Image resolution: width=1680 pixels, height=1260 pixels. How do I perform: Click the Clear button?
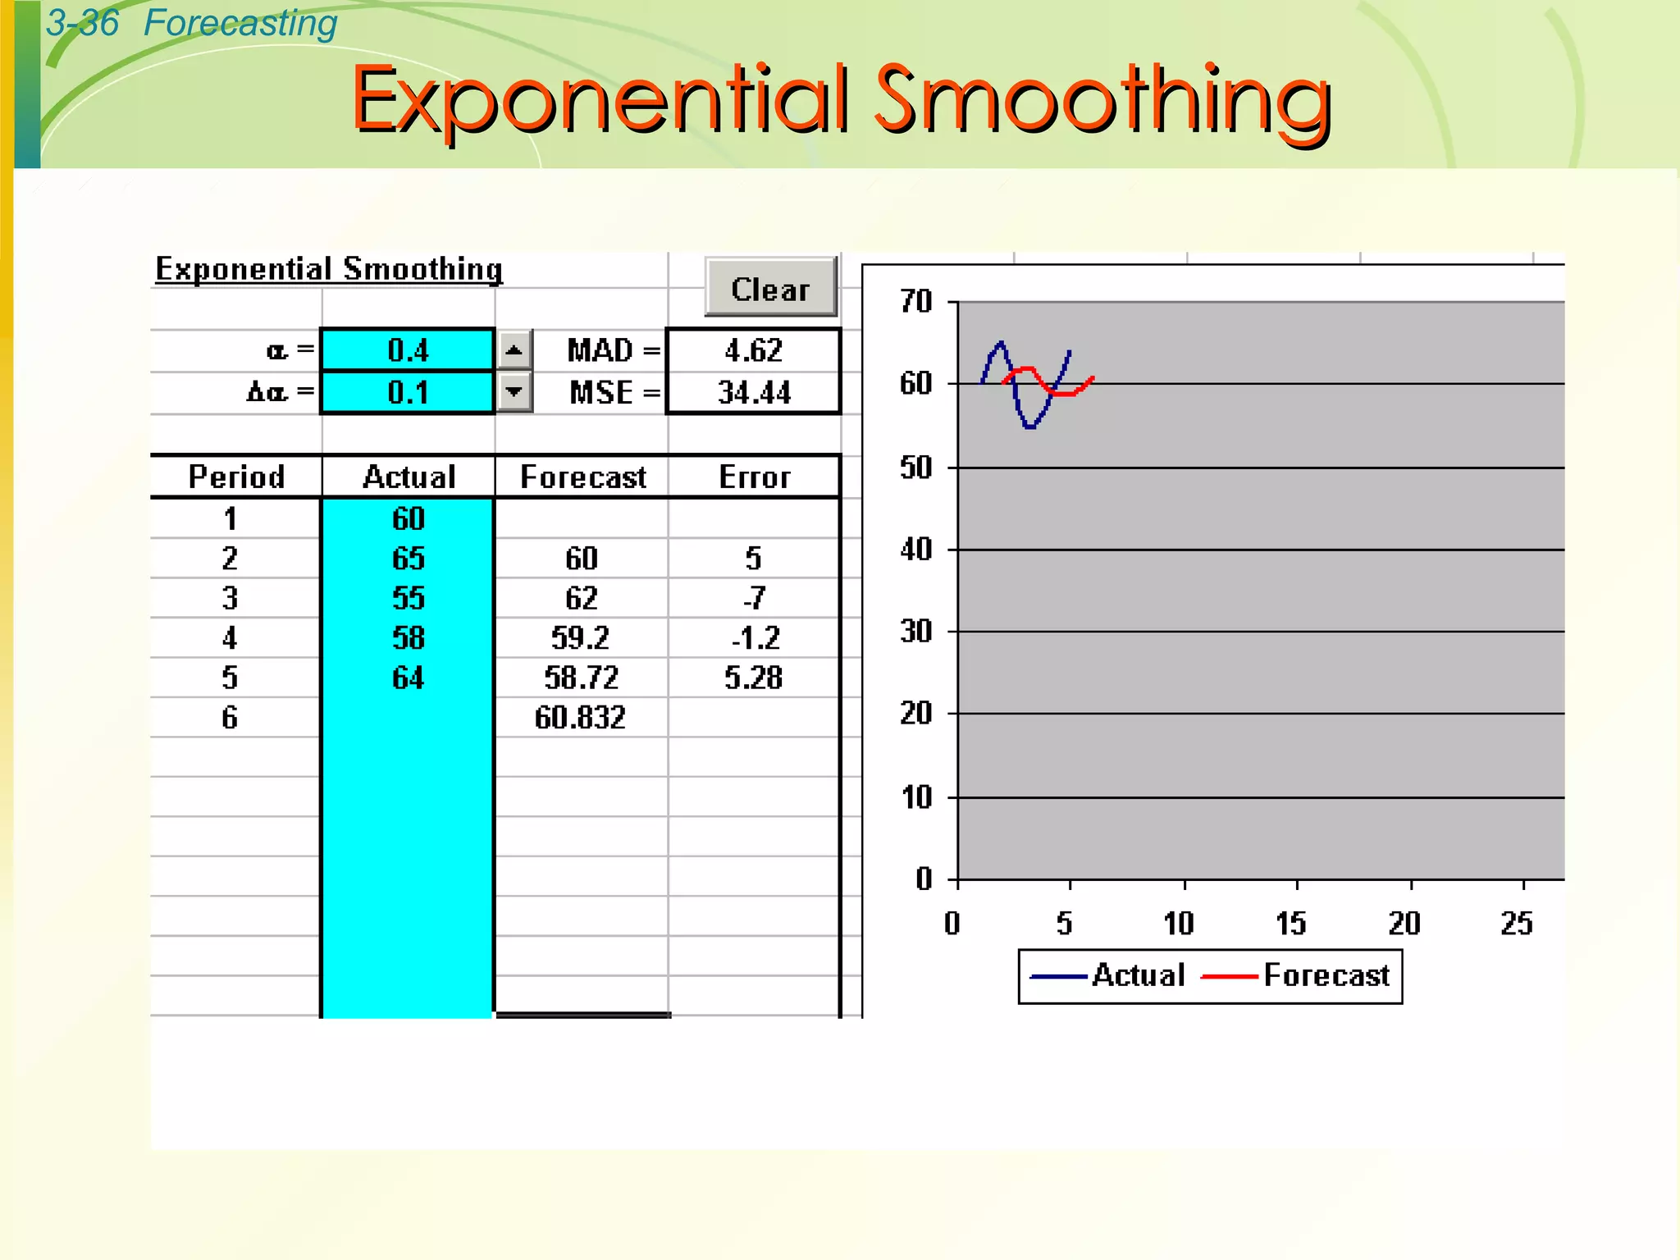pos(770,288)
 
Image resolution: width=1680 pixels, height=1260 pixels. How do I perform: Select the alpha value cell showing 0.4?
pos(408,351)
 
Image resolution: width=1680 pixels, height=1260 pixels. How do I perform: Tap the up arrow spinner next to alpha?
pos(514,351)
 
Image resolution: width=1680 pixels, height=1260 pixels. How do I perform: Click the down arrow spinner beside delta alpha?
pos(514,392)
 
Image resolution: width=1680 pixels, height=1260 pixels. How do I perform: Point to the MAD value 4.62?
pos(753,351)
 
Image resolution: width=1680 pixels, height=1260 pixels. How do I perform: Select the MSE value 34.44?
pos(753,393)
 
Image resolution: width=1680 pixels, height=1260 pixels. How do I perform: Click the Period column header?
pos(236,477)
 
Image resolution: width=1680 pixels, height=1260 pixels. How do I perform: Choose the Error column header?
pos(754,477)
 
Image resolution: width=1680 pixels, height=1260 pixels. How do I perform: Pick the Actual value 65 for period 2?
pos(408,559)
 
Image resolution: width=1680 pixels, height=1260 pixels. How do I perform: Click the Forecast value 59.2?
pos(580,638)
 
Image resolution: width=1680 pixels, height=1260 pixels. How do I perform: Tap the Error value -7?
pos(754,598)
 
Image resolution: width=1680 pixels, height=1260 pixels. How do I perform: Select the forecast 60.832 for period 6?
pos(580,718)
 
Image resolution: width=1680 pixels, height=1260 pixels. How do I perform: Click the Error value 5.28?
pos(753,678)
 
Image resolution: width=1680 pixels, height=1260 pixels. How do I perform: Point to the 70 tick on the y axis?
pos(916,302)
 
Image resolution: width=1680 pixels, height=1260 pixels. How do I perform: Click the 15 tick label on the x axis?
pos(1290,924)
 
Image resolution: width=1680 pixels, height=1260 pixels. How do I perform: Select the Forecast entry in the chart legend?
pos(1326,975)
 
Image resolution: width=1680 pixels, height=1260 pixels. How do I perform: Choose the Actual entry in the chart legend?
pos(1138,975)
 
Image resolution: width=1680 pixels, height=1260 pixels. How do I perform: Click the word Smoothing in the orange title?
pos(1102,100)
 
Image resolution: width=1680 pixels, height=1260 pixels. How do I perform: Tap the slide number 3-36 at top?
pos(82,23)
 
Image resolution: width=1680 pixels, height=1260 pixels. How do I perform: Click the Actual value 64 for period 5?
pos(408,678)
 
